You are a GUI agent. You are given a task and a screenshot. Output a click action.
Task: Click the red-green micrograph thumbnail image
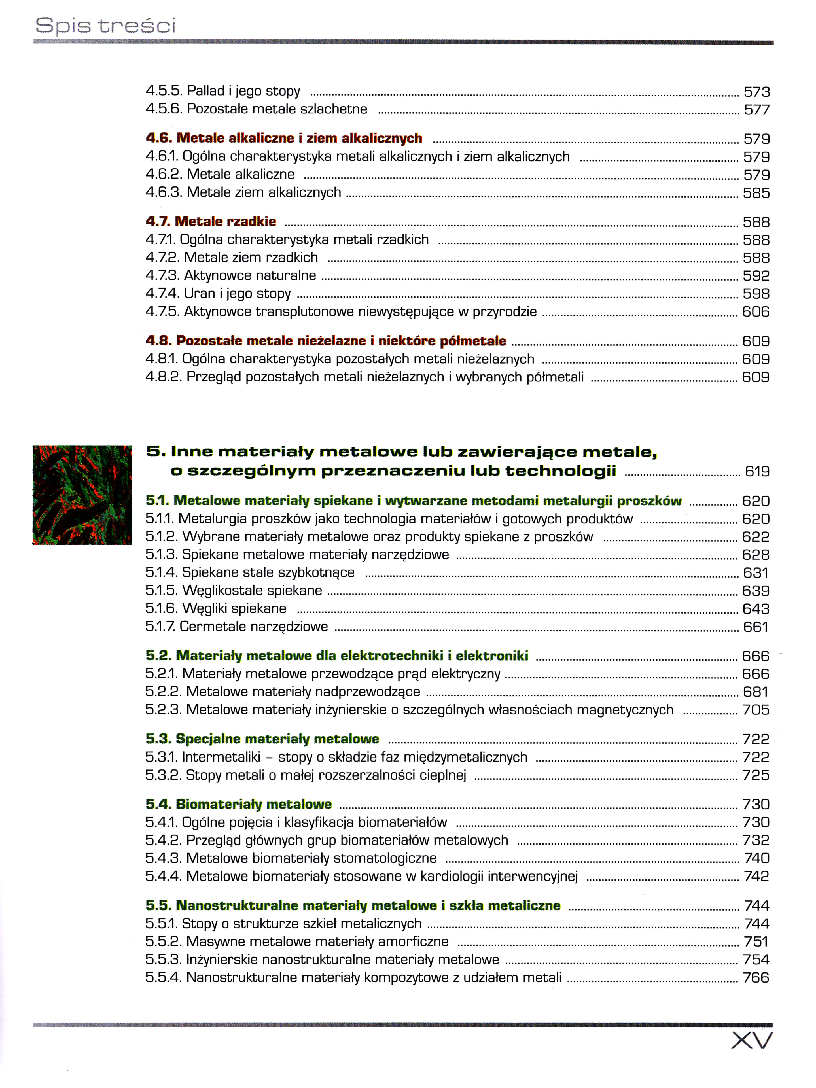coord(82,495)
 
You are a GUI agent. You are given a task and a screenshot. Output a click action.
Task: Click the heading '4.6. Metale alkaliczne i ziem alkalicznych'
coord(284,138)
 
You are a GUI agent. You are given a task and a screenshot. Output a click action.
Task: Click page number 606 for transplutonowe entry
coord(756,312)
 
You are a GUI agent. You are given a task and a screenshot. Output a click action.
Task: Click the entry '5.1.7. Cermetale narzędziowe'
coord(237,627)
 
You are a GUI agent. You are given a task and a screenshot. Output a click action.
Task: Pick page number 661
coord(756,627)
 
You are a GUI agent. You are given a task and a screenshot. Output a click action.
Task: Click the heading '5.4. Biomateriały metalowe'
coord(239,804)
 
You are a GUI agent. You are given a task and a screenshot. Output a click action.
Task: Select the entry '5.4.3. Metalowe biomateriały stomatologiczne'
coord(291,858)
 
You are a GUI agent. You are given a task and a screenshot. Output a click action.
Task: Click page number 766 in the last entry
coord(756,977)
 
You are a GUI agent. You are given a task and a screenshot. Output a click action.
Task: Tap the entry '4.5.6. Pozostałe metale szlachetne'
coord(256,109)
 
